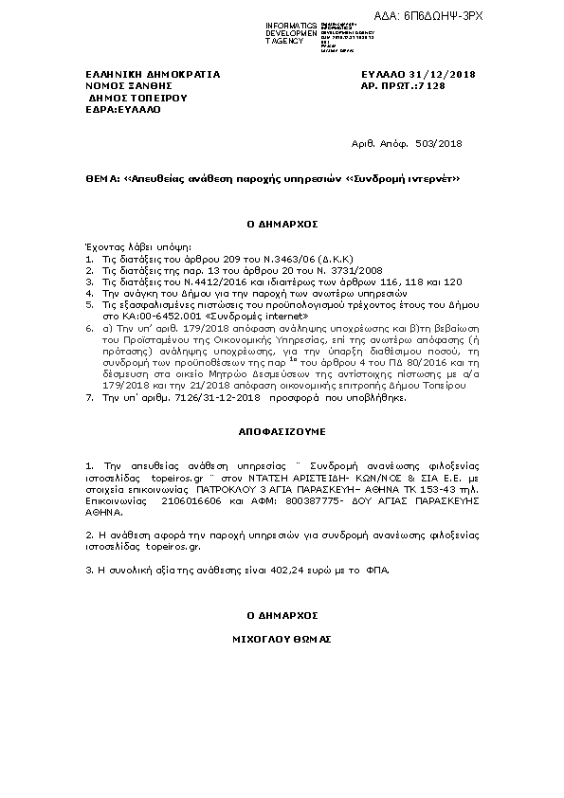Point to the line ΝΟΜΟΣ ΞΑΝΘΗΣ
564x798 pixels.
pos(119,85)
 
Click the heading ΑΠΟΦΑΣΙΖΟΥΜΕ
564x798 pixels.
pos(281,430)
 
